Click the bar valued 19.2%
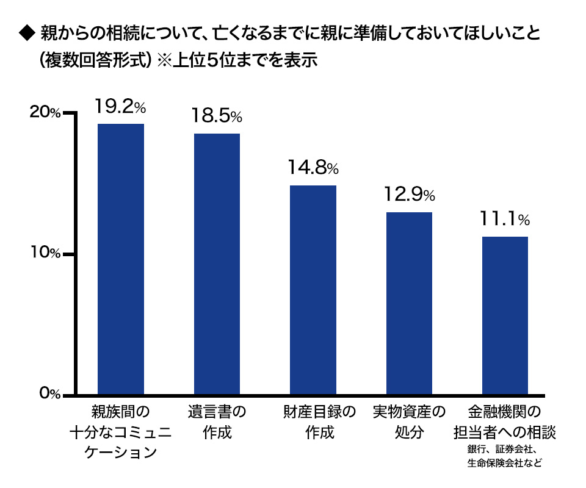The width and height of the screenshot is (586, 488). (x=121, y=259)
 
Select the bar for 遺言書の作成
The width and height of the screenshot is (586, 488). (x=217, y=264)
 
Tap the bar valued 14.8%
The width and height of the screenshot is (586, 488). (x=313, y=289)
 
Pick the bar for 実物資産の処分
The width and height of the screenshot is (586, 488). (x=409, y=303)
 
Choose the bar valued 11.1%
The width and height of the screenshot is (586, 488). (x=505, y=315)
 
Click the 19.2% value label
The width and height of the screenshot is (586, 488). (x=121, y=107)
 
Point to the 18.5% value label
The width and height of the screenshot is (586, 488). (x=217, y=116)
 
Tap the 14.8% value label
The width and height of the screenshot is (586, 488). (x=313, y=167)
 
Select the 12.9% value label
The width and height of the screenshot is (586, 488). (x=409, y=195)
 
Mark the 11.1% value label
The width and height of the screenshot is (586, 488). (x=505, y=218)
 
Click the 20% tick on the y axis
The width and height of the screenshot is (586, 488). (x=46, y=113)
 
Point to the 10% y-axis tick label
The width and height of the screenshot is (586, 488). (x=46, y=253)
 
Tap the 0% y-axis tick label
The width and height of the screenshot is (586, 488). (x=48, y=394)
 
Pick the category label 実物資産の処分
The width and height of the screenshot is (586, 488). (x=409, y=422)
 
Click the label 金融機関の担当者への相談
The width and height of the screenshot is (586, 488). (x=505, y=422)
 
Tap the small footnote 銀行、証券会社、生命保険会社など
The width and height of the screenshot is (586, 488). (x=505, y=456)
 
